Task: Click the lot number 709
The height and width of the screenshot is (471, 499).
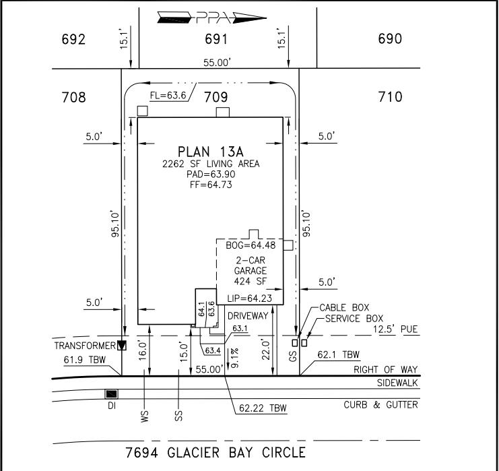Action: (x=216, y=98)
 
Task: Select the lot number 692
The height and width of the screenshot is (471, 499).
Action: (x=73, y=39)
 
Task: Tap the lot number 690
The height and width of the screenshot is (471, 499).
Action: (x=390, y=39)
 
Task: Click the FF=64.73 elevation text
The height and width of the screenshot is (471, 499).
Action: (x=209, y=185)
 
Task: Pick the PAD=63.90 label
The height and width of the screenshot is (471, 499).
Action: (x=209, y=174)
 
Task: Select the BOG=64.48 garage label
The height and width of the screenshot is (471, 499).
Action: (x=250, y=245)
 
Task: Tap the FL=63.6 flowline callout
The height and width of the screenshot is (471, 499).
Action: (x=168, y=95)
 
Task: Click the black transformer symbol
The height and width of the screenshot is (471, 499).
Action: (x=122, y=346)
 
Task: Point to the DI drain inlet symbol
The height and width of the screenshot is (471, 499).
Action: (x=111, y=394)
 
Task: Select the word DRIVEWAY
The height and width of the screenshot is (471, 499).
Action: (x=248, y=315)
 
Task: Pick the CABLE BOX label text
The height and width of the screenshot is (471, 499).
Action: (x=344, y=307)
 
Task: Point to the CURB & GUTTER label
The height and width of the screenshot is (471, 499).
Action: (x=380, y=405)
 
